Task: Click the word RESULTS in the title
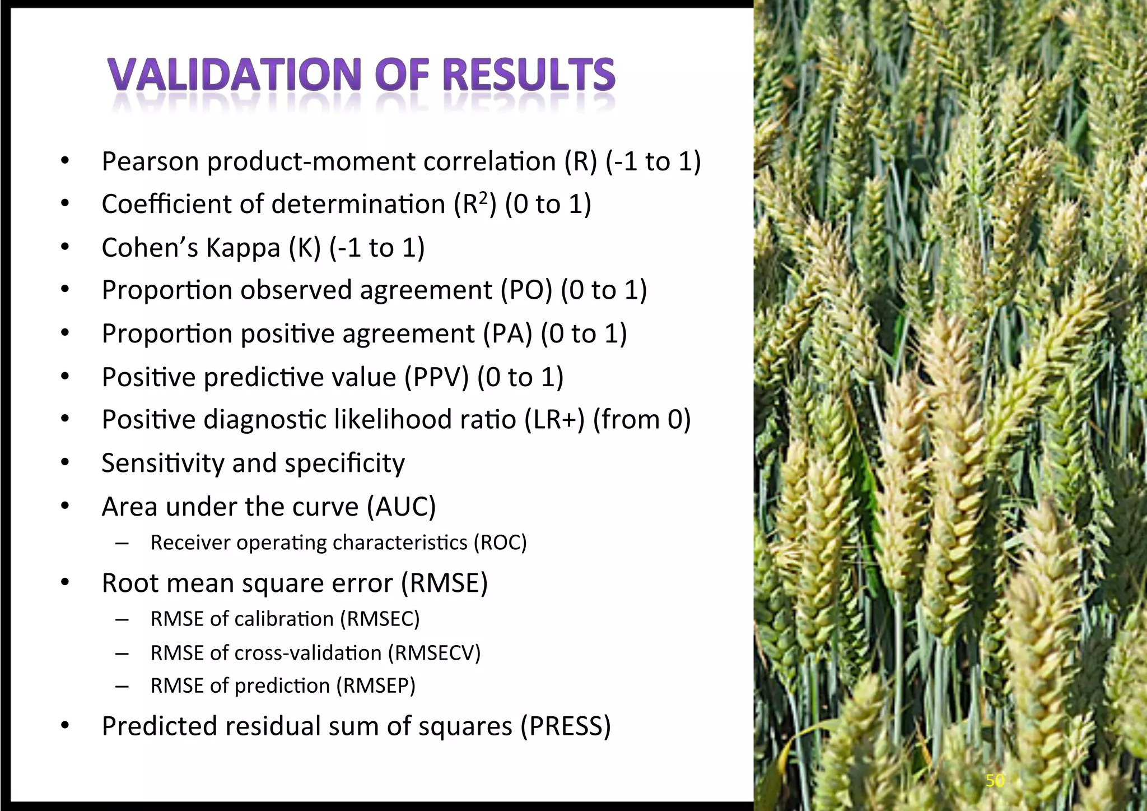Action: pyautogui.click(x=529, y=75)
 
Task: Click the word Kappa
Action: pyautogui.click(x=243, y=248)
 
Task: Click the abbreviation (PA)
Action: pyautogui.click(x=507, y=334)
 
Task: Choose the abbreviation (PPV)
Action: pyautogui.click(x=436, y=377)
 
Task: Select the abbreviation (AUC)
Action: pyautogui.click(x=401, y=507)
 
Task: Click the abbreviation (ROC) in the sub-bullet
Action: pyautogui.click(x=500, y=543)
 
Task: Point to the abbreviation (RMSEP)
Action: pyautogui.click(x=375, y=686)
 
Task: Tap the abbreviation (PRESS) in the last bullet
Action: pyautogui.click(x=565, y=726)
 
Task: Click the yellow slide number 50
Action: pyautogui.click(x=995, y=780)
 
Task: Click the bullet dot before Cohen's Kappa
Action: pyautogui.click(x=65, y=247)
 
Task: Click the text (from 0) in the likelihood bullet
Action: pyautogui.click(x=642, y=420)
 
